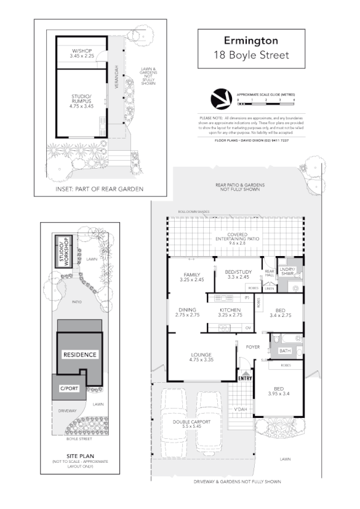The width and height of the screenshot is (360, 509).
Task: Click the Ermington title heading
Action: click(x=251, y=41)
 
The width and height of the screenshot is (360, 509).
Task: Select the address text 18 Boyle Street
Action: click(x=251, y=55)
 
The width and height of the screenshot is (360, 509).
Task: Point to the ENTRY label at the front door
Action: click(x=245, y=379)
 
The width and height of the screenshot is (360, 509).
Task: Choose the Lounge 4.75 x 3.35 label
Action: click(x=201, y=358)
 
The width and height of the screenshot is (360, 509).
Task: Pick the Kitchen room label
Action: click(x=230, y=312)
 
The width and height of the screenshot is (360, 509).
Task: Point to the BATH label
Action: click(x=285, y=351)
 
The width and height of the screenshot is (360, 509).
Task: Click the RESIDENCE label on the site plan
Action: click(x=80, y=355)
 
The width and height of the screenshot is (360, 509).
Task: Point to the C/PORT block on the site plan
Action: click(x=69, y=388)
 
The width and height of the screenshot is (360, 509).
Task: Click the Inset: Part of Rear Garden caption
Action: click(x=100, y=189)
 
